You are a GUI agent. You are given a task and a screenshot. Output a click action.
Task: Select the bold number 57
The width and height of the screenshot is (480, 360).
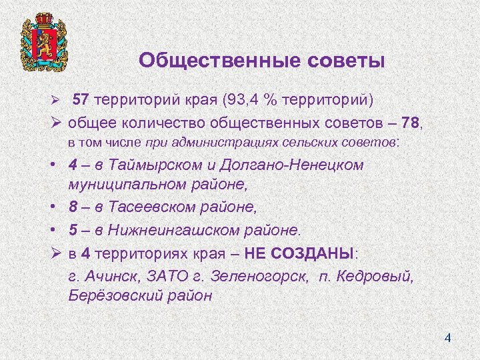tap(81, 101)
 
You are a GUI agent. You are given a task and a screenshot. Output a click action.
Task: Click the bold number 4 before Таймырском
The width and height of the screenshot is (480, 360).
tap(72, 165)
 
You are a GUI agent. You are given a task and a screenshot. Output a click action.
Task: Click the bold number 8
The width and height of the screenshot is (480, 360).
tap(72, 208)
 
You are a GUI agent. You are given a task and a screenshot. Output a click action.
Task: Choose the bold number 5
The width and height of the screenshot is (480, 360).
tap(72, 230)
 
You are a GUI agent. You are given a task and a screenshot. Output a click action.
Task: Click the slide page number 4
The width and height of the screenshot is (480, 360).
tap(448, 339)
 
